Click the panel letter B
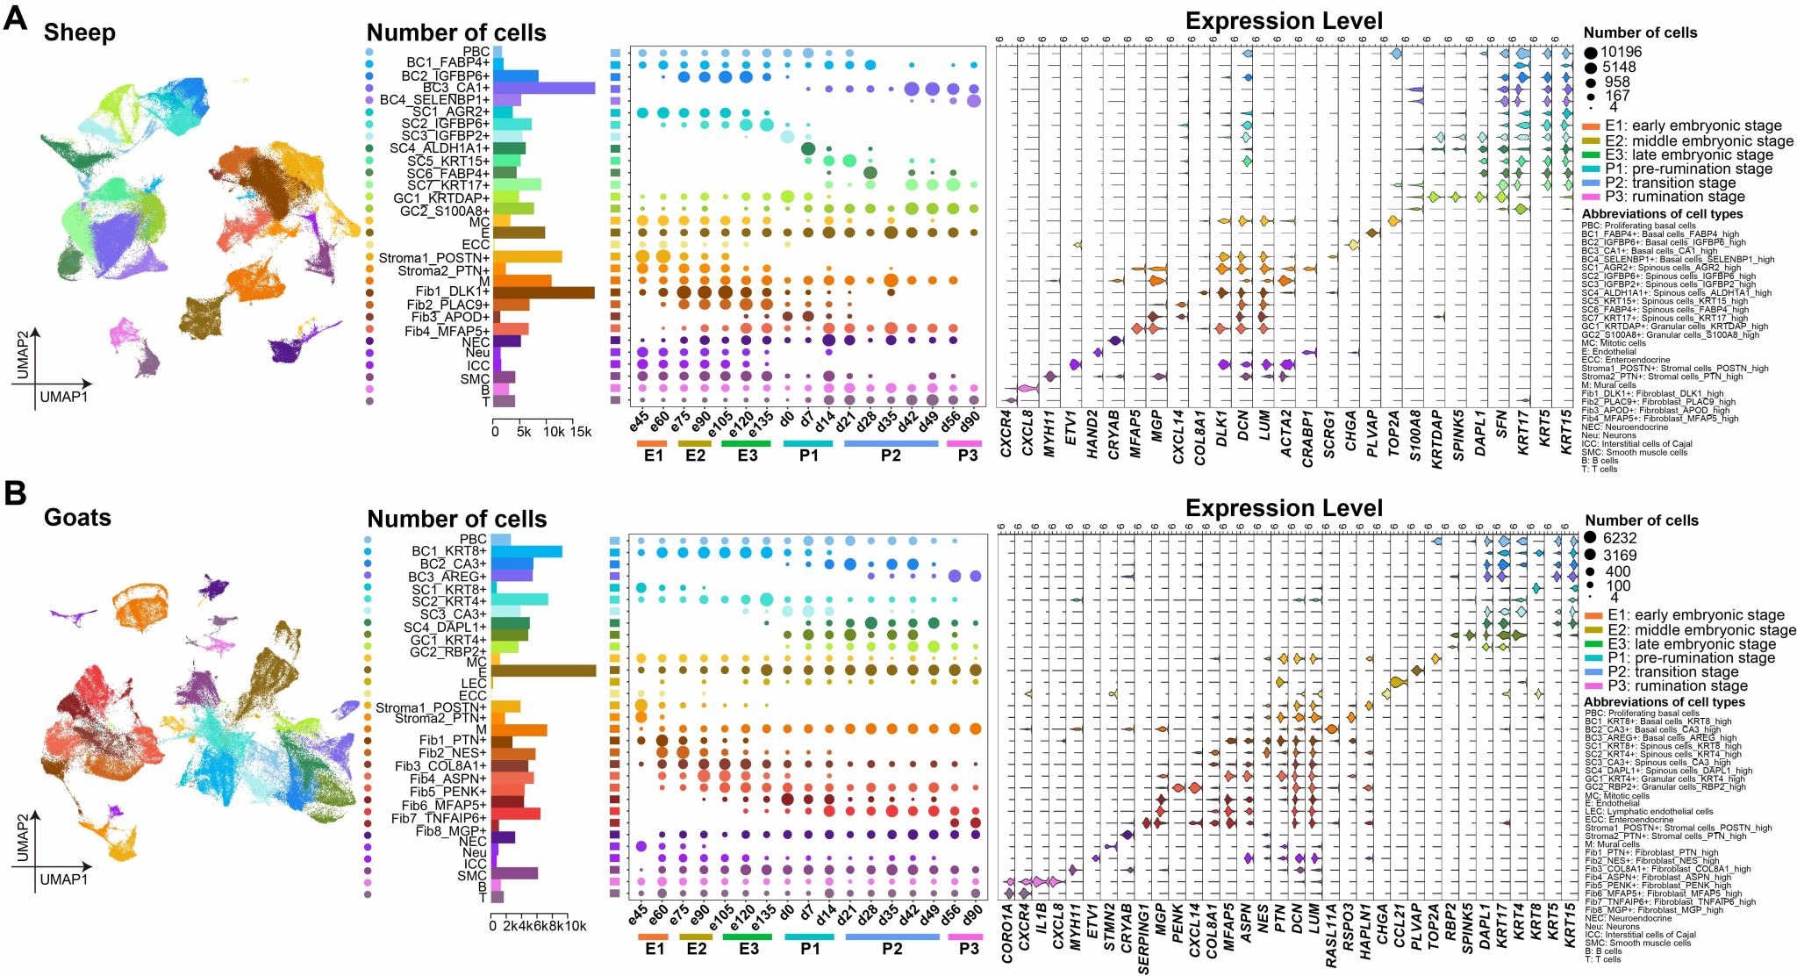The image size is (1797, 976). (15, 492)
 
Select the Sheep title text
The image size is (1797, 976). (79, 33)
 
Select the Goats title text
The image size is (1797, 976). (77, 518)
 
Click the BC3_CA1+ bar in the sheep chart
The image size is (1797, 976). (544, 88)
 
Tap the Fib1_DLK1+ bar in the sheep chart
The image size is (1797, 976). (544, 292)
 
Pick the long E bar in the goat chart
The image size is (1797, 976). (543, 671)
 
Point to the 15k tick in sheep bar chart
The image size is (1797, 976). (581, 432)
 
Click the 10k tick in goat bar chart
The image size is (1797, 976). (575, 926)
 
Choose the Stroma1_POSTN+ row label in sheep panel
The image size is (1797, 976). (433, 258)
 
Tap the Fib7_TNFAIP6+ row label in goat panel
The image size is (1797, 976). (439, 818)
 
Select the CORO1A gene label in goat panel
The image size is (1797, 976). (1007, 934)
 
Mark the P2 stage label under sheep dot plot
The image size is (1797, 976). (891, 456)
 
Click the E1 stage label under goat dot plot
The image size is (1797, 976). (655, 949)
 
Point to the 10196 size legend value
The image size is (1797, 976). (1621, 52)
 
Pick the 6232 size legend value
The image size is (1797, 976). (1619, 538)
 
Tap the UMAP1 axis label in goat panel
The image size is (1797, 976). (64, 879)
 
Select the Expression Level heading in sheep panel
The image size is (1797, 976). (1284, 21)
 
